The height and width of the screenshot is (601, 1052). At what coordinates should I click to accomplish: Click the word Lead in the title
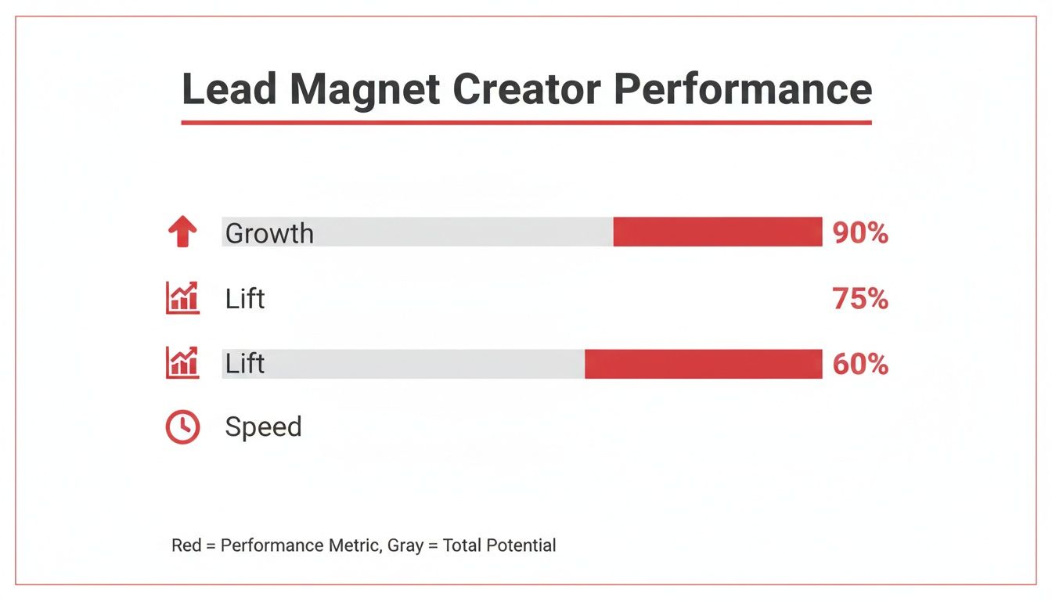[229, 89]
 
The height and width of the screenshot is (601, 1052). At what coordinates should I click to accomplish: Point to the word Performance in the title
[743, 89]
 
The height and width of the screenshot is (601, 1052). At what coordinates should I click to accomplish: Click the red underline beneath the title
[526, 122]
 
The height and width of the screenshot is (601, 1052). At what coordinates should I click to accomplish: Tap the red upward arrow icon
[182, 232]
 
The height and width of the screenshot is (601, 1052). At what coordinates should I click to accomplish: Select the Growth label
[269, 233]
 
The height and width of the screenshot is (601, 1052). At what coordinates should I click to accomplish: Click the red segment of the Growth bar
[717, 232]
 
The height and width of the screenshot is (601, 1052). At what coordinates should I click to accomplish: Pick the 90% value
[860, 233]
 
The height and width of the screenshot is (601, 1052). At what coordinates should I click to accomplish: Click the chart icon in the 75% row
[182, 298]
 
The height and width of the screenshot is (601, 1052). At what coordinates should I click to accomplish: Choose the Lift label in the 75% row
[244, 298]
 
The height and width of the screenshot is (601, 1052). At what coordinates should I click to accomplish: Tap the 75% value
[860, 299]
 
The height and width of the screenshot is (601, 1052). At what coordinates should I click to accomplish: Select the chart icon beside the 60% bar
[182, 363]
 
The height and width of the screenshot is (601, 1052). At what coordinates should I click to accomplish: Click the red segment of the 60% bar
[703, 364]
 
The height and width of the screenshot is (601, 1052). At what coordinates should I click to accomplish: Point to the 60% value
[860, 364]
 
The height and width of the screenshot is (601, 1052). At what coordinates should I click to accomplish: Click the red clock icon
[182, 427]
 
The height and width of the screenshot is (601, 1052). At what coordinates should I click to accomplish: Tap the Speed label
[263, 427]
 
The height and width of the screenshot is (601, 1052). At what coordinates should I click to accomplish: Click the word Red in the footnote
[186, 545]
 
